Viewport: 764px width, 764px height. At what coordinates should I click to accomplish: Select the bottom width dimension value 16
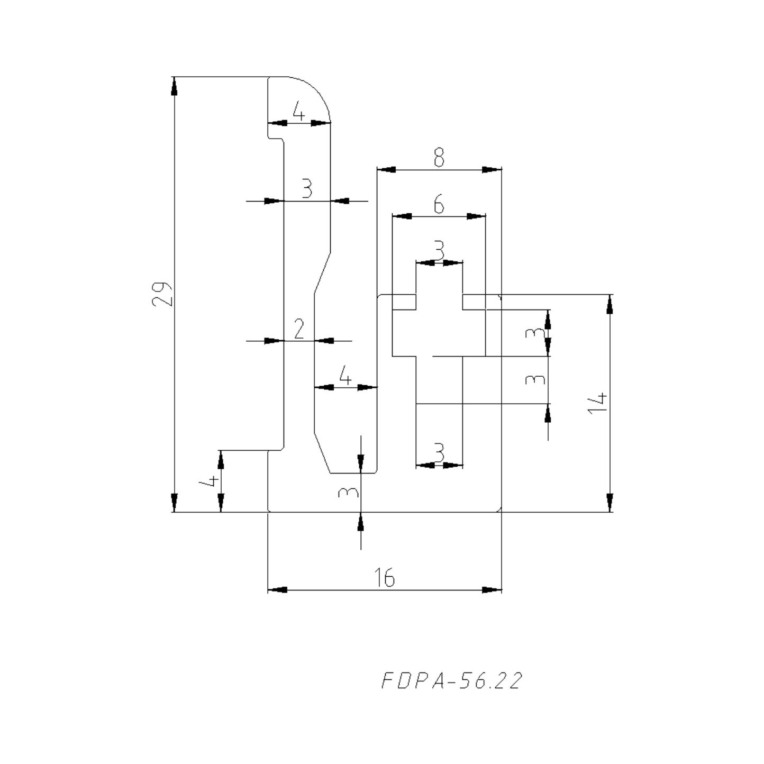coord(386,577)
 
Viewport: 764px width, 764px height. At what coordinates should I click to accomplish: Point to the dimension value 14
coord(598,403)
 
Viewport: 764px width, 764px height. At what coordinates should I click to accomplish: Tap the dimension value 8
coord(439,158)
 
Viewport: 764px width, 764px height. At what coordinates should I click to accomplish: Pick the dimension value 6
coord(439,204)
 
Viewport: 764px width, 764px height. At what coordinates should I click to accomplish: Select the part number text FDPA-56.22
coord(451,680)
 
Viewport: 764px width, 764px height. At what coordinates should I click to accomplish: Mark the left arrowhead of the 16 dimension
coord(278,589)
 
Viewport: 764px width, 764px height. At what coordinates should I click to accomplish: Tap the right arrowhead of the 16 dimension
coord(492,589)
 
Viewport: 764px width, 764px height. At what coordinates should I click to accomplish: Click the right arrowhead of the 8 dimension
coord(492,170)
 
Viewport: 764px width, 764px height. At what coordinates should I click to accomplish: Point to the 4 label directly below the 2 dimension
coord(345,377)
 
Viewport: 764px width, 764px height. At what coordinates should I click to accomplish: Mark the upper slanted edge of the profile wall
coord(323,272)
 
